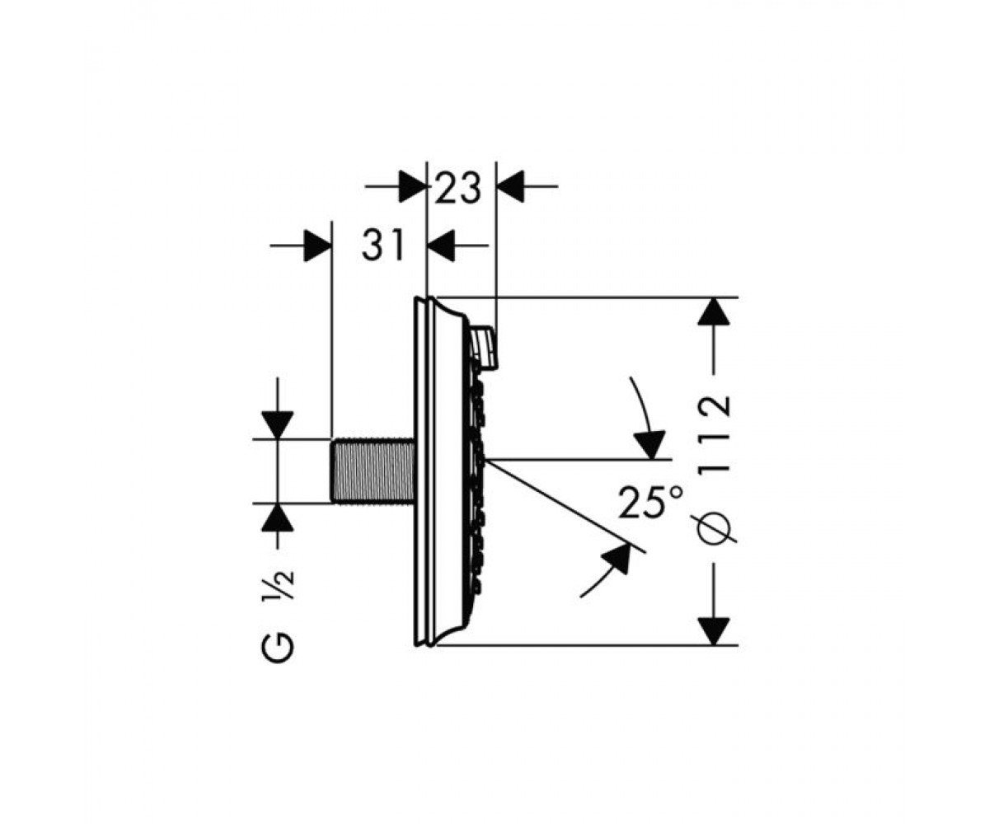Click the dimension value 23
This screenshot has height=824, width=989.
click(457, 188)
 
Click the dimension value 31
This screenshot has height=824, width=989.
click(382, 245)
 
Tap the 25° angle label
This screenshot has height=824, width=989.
click(651, 502)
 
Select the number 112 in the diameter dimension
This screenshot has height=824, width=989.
click(715, 435)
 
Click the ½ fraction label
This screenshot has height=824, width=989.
click(278, 586)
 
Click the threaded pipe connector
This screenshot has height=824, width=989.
click(373, 471)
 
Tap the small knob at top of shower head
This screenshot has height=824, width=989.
click(485, 348)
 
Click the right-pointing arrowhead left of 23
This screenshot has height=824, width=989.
click(414, 186)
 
